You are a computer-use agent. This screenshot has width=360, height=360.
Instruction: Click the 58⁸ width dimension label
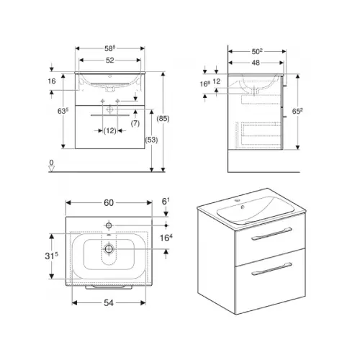click(109, 48)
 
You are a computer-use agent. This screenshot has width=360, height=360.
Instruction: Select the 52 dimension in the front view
click(110, 60)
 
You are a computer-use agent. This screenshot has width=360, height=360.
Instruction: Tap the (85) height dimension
click(163, 119)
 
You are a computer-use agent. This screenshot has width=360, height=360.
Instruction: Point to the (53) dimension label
click(151, 140)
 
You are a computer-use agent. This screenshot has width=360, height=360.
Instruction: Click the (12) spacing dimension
click(110, 131)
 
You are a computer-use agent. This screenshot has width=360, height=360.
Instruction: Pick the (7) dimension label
click(135, 123)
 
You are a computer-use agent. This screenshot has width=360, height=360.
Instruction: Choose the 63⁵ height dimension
click(63, 111)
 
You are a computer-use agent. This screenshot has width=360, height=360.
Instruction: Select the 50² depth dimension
click(257, 51)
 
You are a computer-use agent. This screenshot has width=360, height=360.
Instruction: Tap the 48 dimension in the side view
click(256, 63)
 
